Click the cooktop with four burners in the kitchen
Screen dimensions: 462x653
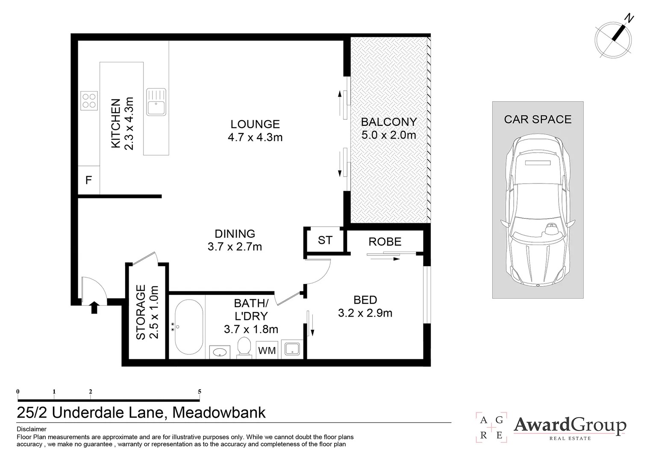click(x=89, y=101)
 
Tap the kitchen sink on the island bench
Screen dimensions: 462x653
click(x=156, y=102)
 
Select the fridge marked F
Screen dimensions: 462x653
click(x=88, y=180)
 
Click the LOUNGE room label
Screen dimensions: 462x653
click(x=255, y=124)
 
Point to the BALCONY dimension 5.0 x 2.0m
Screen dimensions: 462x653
click(x=388, y=135)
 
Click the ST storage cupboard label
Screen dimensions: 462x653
click(x=325, y=240)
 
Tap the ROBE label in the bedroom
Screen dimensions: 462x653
click(x=385, y=242)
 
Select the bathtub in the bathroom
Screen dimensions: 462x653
click(x=188, y=327)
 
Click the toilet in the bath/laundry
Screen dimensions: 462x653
click(x=244, y=346)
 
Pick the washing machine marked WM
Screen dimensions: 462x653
click(x=267, y=350)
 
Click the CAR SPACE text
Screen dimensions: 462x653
click(x=538, y=119)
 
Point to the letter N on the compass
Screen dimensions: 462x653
click(x=629, y=18)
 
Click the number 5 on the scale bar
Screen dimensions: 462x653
click(x=200, y=391)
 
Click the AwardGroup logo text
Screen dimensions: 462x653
click(x=570, y=425)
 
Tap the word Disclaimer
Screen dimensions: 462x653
click(x=32, y=429)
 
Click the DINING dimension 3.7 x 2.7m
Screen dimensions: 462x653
click(x=235, y=247)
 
